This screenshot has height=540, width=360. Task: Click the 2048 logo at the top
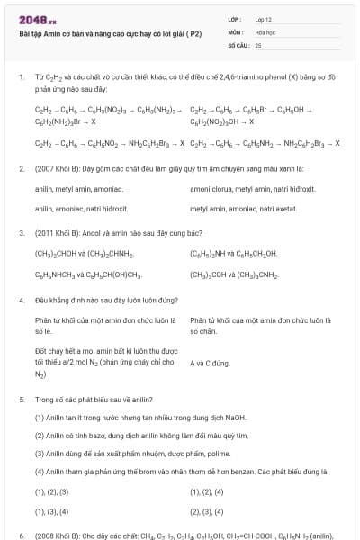pyautogui.click(x=37, y=19)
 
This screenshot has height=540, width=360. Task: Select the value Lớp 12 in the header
pyautogui.click(x=264, y=19)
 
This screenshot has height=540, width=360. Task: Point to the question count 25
pyautogui.click(x=258, y=44)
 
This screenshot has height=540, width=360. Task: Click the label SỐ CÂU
pyautogui.click(x=238, y=44)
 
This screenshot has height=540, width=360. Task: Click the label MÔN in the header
pyautogui.click(x=235, y=31)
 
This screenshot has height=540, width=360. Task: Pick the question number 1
pyautogui.click(x=21, y=78)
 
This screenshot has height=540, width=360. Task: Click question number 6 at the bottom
pyautogui.click(x=21, y=535)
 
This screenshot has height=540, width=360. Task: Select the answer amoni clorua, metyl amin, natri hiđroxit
pyautogui.click(x=252, y=190)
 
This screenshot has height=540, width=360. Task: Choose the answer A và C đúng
pyautogui.click(x=211, y=363)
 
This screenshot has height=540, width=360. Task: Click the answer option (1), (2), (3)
pyautogui.click(x=51, y=492)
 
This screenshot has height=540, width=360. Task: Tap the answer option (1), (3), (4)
pyautogui.click(x=51, y=511)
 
